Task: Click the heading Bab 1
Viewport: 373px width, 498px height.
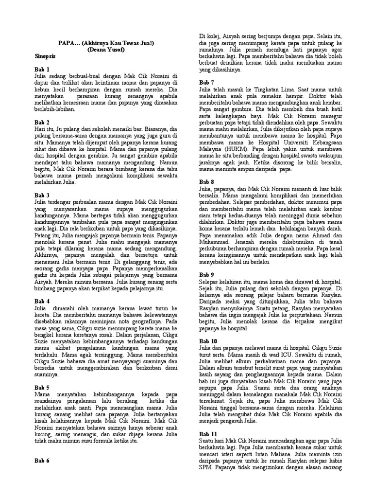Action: pos(42,70)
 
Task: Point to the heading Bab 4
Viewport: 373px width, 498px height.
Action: pos(42,302)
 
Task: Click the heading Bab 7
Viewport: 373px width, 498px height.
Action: pos(206,83)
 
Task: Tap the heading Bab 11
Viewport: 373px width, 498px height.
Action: pos(208,433)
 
